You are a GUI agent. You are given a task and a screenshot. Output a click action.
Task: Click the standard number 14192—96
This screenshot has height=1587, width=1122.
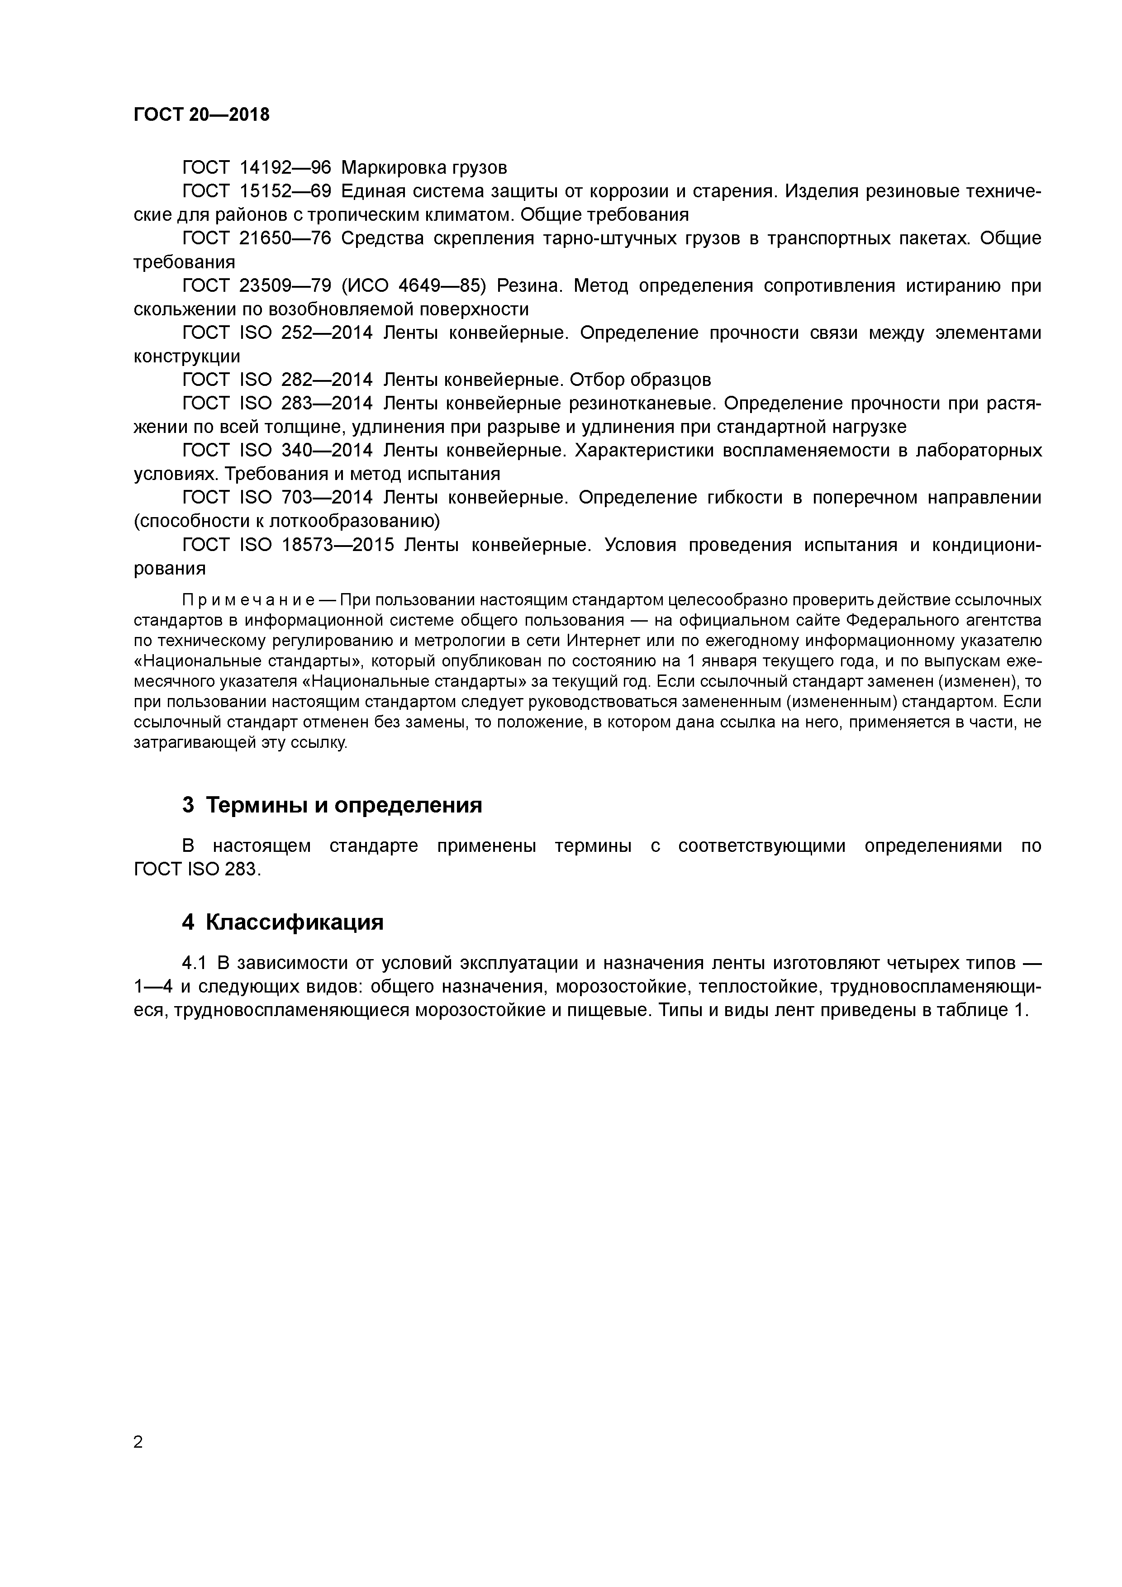click(285, 168)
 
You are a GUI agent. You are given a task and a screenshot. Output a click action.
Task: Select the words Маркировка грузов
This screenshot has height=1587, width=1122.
click(424, 168)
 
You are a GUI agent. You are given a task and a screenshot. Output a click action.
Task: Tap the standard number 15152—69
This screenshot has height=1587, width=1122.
click(285, 191)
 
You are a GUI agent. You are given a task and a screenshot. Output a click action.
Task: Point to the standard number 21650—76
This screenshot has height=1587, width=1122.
click(285, 238)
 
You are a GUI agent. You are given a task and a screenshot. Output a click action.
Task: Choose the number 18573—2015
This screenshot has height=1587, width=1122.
click(338, 545)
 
